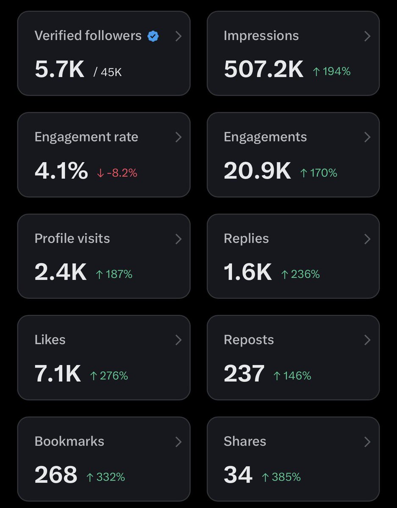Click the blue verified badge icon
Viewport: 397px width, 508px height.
point(153,36)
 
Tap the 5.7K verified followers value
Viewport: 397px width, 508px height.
point(59,69)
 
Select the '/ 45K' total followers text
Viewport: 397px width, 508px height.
point(108,72)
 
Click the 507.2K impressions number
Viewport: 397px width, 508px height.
point(264,69)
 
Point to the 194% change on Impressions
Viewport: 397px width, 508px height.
point(331,72)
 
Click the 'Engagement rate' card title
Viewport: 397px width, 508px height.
point(86,137)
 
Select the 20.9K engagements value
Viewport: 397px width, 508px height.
point(257,171)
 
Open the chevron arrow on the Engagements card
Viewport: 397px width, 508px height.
point(367,137)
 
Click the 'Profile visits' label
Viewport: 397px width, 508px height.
point(72,238)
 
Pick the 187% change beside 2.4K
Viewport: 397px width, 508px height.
point(114,274)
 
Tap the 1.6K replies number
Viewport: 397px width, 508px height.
point(247,273)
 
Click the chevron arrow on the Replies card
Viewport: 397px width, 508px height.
point(367,239)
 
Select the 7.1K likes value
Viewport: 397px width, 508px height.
point(58,374)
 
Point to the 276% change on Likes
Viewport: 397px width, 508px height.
point(109,375)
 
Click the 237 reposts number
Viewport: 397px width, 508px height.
point(244,374)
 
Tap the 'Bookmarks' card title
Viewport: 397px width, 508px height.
point(69,441)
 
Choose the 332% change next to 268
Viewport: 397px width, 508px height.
point(105,477)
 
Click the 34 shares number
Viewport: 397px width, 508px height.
point(238,475)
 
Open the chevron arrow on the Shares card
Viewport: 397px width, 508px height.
point(367,442)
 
